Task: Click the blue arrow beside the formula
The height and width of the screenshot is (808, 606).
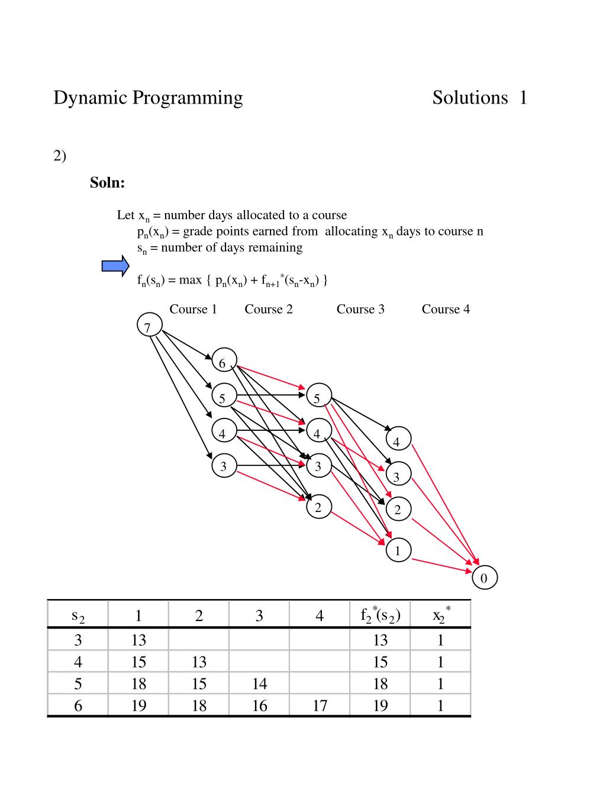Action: pos(115,266)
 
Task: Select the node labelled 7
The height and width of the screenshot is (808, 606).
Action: pos(149,326)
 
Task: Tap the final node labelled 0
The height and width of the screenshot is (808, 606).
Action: pos(485,578)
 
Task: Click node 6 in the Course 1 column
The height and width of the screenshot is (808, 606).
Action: pos(224,361)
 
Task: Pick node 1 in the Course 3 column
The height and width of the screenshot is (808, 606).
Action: pos(398,551)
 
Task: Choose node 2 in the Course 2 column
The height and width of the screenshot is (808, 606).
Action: pos(319,507)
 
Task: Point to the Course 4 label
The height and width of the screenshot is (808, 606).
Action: pos(446,309)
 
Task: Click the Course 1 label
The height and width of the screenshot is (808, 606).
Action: pos(193,309)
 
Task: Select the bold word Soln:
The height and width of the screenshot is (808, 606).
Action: pos(107,183)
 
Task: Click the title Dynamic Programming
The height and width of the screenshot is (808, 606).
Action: pos(148,98)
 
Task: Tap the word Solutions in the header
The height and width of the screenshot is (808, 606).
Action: pos(470,98)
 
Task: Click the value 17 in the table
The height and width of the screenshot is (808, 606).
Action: pos(320,706)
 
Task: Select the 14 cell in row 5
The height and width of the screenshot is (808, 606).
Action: pos(259,684)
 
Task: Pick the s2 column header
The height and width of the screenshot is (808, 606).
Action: pos(78,616)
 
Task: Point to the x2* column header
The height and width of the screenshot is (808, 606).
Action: pos(441,615)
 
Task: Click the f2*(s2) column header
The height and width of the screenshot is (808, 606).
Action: pos(381,615)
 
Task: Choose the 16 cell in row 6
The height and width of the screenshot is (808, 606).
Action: pos(259,706)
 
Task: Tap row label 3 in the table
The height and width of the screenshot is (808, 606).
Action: pos(78,640)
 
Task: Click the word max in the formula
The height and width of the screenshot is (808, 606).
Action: pos(190,280)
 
